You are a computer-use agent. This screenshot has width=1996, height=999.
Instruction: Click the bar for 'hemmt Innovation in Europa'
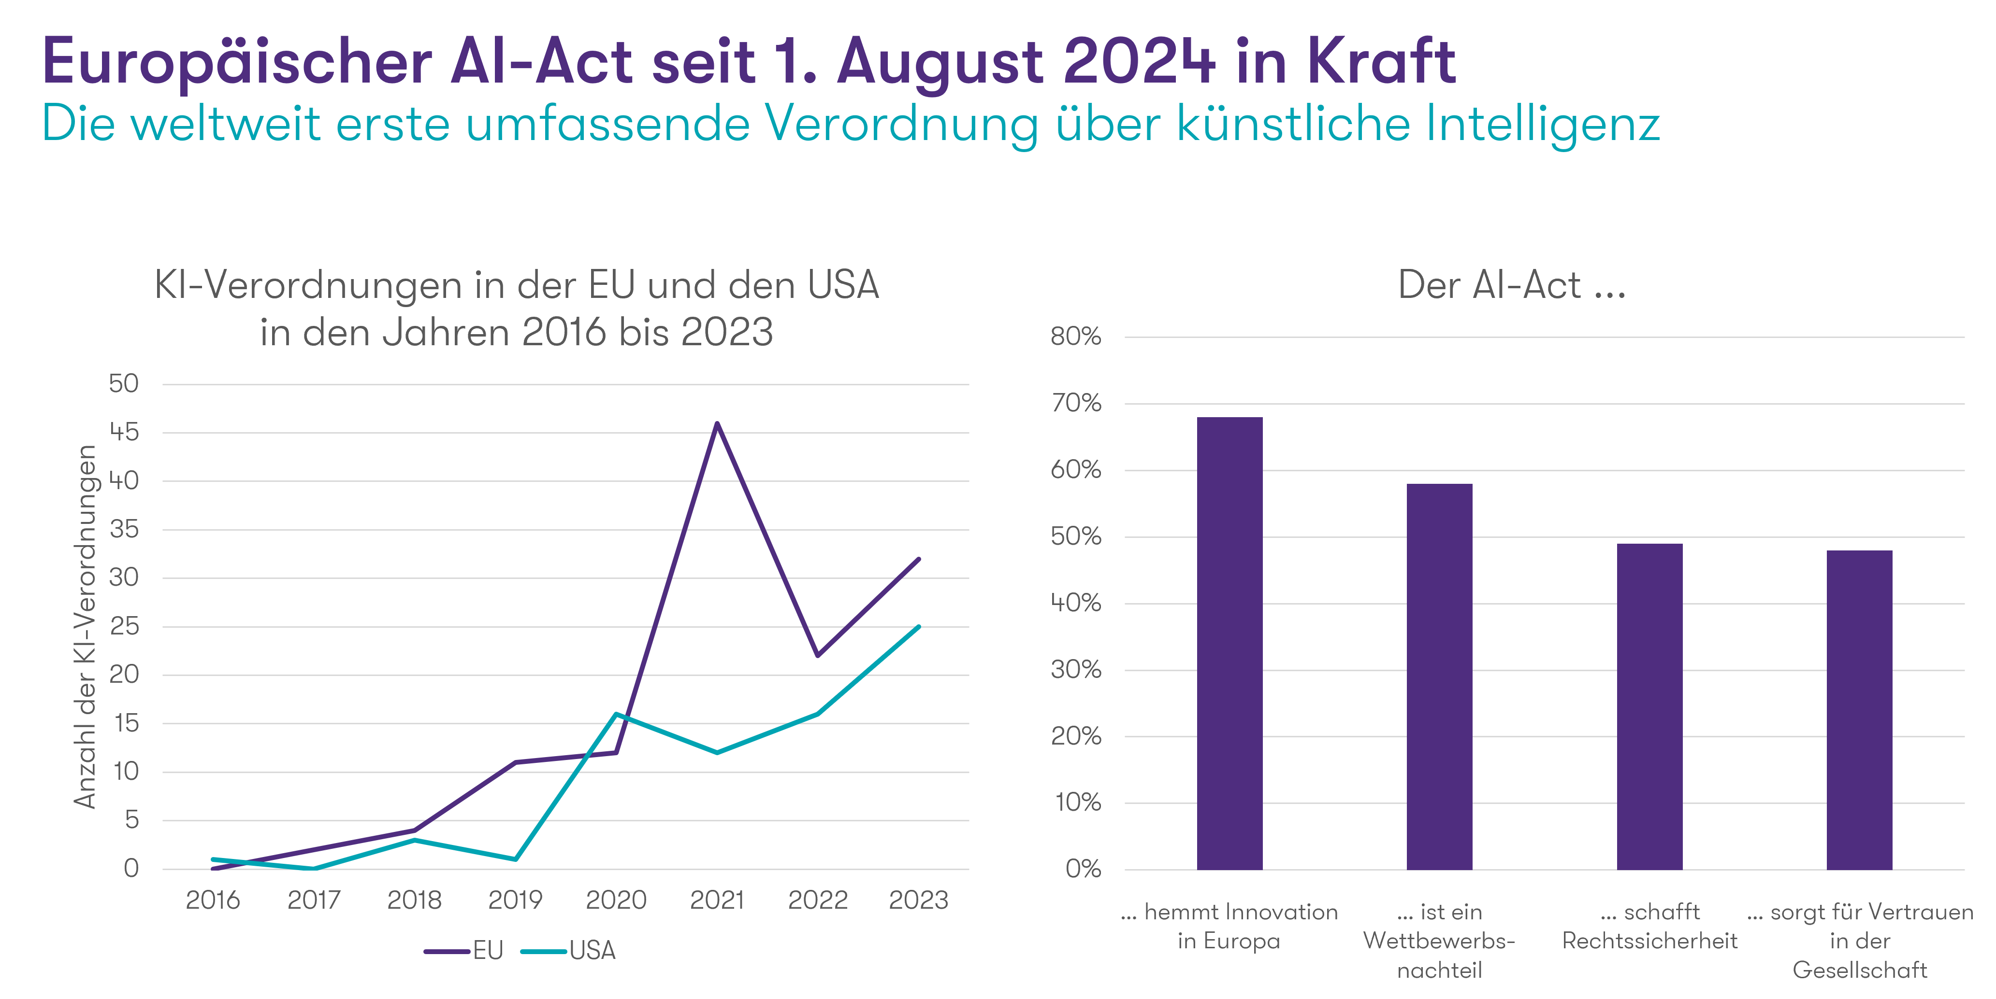[1229, 643]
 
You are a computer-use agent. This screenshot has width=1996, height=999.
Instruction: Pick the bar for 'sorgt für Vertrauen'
[1860, 709]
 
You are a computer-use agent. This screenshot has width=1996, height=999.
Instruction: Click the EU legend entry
[465, 950]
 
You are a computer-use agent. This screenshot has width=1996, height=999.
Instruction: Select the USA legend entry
[569, 950]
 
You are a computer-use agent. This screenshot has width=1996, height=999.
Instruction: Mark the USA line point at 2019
[515, 859]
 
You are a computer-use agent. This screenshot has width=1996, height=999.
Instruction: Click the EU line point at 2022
[818, 655]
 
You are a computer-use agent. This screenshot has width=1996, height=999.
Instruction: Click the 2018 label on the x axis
[415, 900]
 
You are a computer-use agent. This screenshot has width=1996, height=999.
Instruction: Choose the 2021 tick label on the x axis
[718, 900]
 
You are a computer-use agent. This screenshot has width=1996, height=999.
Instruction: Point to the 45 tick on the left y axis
[124, 432]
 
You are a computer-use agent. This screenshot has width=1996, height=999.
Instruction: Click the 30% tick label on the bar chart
[1075, 670]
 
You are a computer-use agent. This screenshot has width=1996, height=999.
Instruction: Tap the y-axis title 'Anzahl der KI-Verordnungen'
[85, 627]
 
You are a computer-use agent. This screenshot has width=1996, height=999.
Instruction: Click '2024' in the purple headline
[1139, 61]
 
